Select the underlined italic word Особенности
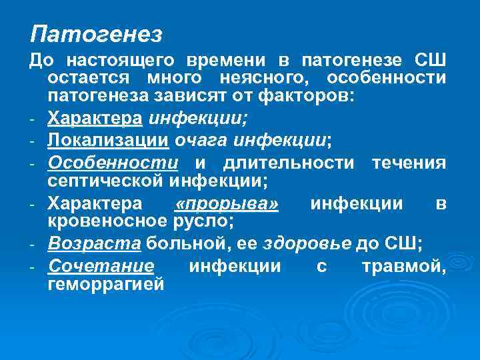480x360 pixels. point(113,163)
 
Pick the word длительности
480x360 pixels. point(286,163)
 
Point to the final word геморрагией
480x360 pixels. point(105,285)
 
